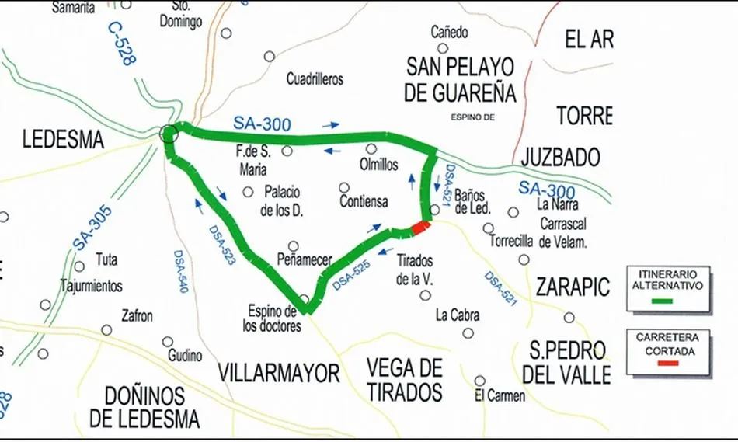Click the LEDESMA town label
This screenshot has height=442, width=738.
[x=63, y=140]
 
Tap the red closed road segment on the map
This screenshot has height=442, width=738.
[x=419, y=228]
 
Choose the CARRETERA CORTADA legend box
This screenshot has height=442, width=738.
[x=667, y=352]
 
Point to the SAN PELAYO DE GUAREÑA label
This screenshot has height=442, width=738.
[x=460, y=80]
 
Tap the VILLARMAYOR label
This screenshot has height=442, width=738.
[x=279, y=373]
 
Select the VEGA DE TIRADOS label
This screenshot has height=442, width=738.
[x=404, y=379]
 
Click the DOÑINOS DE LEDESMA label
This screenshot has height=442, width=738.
[x=144, y=407]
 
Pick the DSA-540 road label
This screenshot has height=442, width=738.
[x=180, y=271]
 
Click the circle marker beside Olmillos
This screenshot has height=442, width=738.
[x=372, y=148]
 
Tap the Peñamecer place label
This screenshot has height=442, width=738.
[x=305, y=260]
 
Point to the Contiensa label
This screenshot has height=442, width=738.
[x=364, y=202]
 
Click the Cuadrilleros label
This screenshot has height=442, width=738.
[x=315, y=79]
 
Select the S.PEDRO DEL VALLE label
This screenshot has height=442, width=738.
[x=566, y=361]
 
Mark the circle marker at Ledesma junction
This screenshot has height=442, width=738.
[x=169, y=134]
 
